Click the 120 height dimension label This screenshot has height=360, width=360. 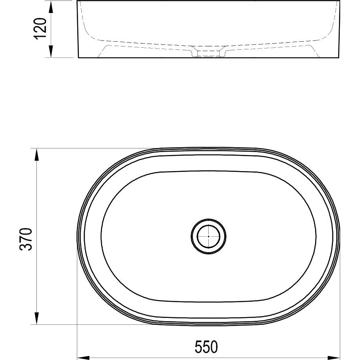click(40, 29)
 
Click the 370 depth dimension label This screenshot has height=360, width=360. click(26, 239)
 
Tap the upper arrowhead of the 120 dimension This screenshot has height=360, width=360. click(51, 6)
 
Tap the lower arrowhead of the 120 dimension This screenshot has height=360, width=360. click(51, 51)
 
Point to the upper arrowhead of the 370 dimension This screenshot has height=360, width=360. click(36, 155)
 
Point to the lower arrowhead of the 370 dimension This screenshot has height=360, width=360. click(36, 318)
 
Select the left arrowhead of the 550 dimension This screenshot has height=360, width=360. click(83, 358)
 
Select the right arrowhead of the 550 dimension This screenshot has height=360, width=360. click(334, 358)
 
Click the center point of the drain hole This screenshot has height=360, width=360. click(208, 236)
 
